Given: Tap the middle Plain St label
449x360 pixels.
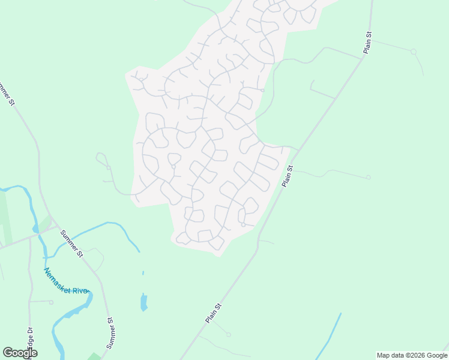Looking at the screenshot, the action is coord(288,176).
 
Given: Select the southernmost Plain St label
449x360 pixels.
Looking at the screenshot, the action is coord(214,313).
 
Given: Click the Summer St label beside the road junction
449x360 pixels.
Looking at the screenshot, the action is coord(70,242).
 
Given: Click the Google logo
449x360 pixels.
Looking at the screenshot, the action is coord(20,353).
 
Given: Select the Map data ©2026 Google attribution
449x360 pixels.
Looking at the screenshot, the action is coord(412,355).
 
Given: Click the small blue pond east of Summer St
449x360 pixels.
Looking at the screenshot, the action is coord(144,301).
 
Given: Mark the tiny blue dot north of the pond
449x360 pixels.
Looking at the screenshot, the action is coord(143,273).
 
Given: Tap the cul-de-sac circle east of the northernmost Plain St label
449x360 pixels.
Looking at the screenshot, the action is coord(413,52).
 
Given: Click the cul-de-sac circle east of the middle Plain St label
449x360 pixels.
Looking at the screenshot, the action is coord(368,178).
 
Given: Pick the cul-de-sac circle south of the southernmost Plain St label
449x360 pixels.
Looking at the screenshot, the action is coord(229,334).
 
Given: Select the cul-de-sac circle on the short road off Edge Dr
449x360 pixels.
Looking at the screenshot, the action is coord(52,302).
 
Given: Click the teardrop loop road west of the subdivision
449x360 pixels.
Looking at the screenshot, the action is coord(102,159).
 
